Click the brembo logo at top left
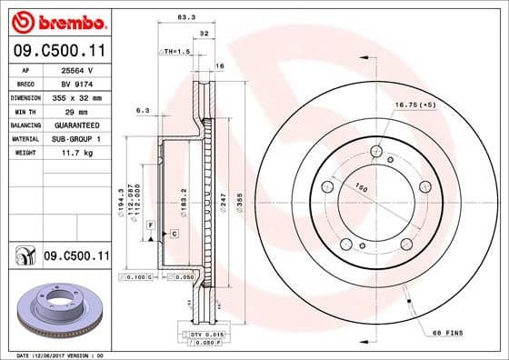pos(56,20)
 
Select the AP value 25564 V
pos(73,69)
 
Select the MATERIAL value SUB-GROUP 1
pos(75,138)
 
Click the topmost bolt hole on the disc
pos(375,152)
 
